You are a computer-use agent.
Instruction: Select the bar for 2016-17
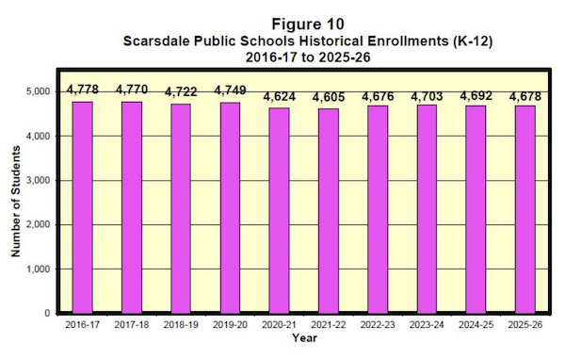[83, 206]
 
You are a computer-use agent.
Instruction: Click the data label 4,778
[83, 90]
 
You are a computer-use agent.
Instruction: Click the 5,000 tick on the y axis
[37, 91]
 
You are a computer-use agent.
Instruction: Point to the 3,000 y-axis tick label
[37, 180]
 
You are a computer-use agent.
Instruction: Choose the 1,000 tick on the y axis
[37, 269]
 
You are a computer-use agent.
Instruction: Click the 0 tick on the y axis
[45, 313]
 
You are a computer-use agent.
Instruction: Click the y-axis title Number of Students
[14, 201]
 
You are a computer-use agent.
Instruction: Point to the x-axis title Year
[305, 337]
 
